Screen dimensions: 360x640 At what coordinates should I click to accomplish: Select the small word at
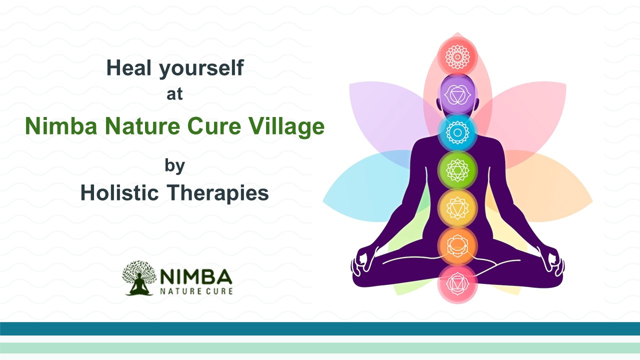tap(174, 94)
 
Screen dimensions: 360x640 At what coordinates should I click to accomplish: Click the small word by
tap(174, 166)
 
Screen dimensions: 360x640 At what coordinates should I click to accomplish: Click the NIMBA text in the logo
tap(196, 276)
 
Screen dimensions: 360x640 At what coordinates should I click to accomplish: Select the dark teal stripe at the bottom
tap(320, 328)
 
